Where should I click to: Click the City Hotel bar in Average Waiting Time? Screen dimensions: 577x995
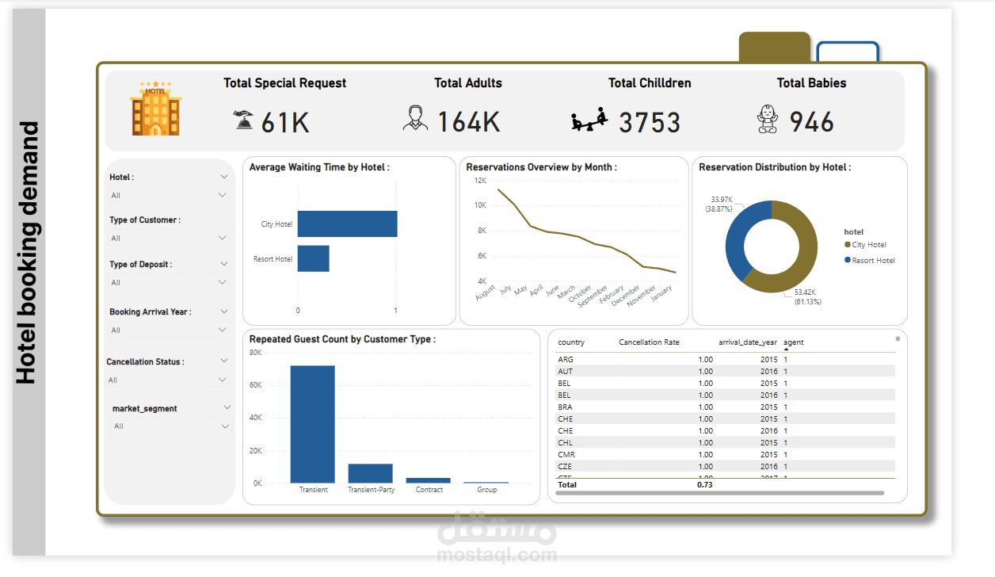click(347, 224)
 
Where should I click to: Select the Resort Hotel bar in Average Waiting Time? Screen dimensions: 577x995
click(313, 258)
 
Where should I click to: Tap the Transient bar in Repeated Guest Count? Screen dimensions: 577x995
click(312, 424)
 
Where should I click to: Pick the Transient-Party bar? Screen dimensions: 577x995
click(370, 473)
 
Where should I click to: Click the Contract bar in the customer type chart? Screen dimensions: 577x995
click(428, 480)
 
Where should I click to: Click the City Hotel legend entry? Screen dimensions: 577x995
click(868, 245)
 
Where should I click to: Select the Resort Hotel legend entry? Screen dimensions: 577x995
click(873, 260)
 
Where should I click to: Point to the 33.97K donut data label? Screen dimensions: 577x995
click(721, 204)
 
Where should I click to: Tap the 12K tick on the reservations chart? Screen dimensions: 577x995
click(480, 181)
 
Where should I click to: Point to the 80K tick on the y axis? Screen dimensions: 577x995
click(256, 352)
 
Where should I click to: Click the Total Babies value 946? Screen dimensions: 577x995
click(812, 122)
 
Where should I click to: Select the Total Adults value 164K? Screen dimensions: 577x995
click(469, 122)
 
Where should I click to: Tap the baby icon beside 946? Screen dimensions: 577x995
click(767, 120)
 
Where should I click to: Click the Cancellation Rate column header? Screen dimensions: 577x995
click(649, 342)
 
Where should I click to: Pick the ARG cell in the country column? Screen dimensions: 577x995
click(566, 359)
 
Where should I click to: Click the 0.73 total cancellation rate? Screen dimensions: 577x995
click(704, 483)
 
